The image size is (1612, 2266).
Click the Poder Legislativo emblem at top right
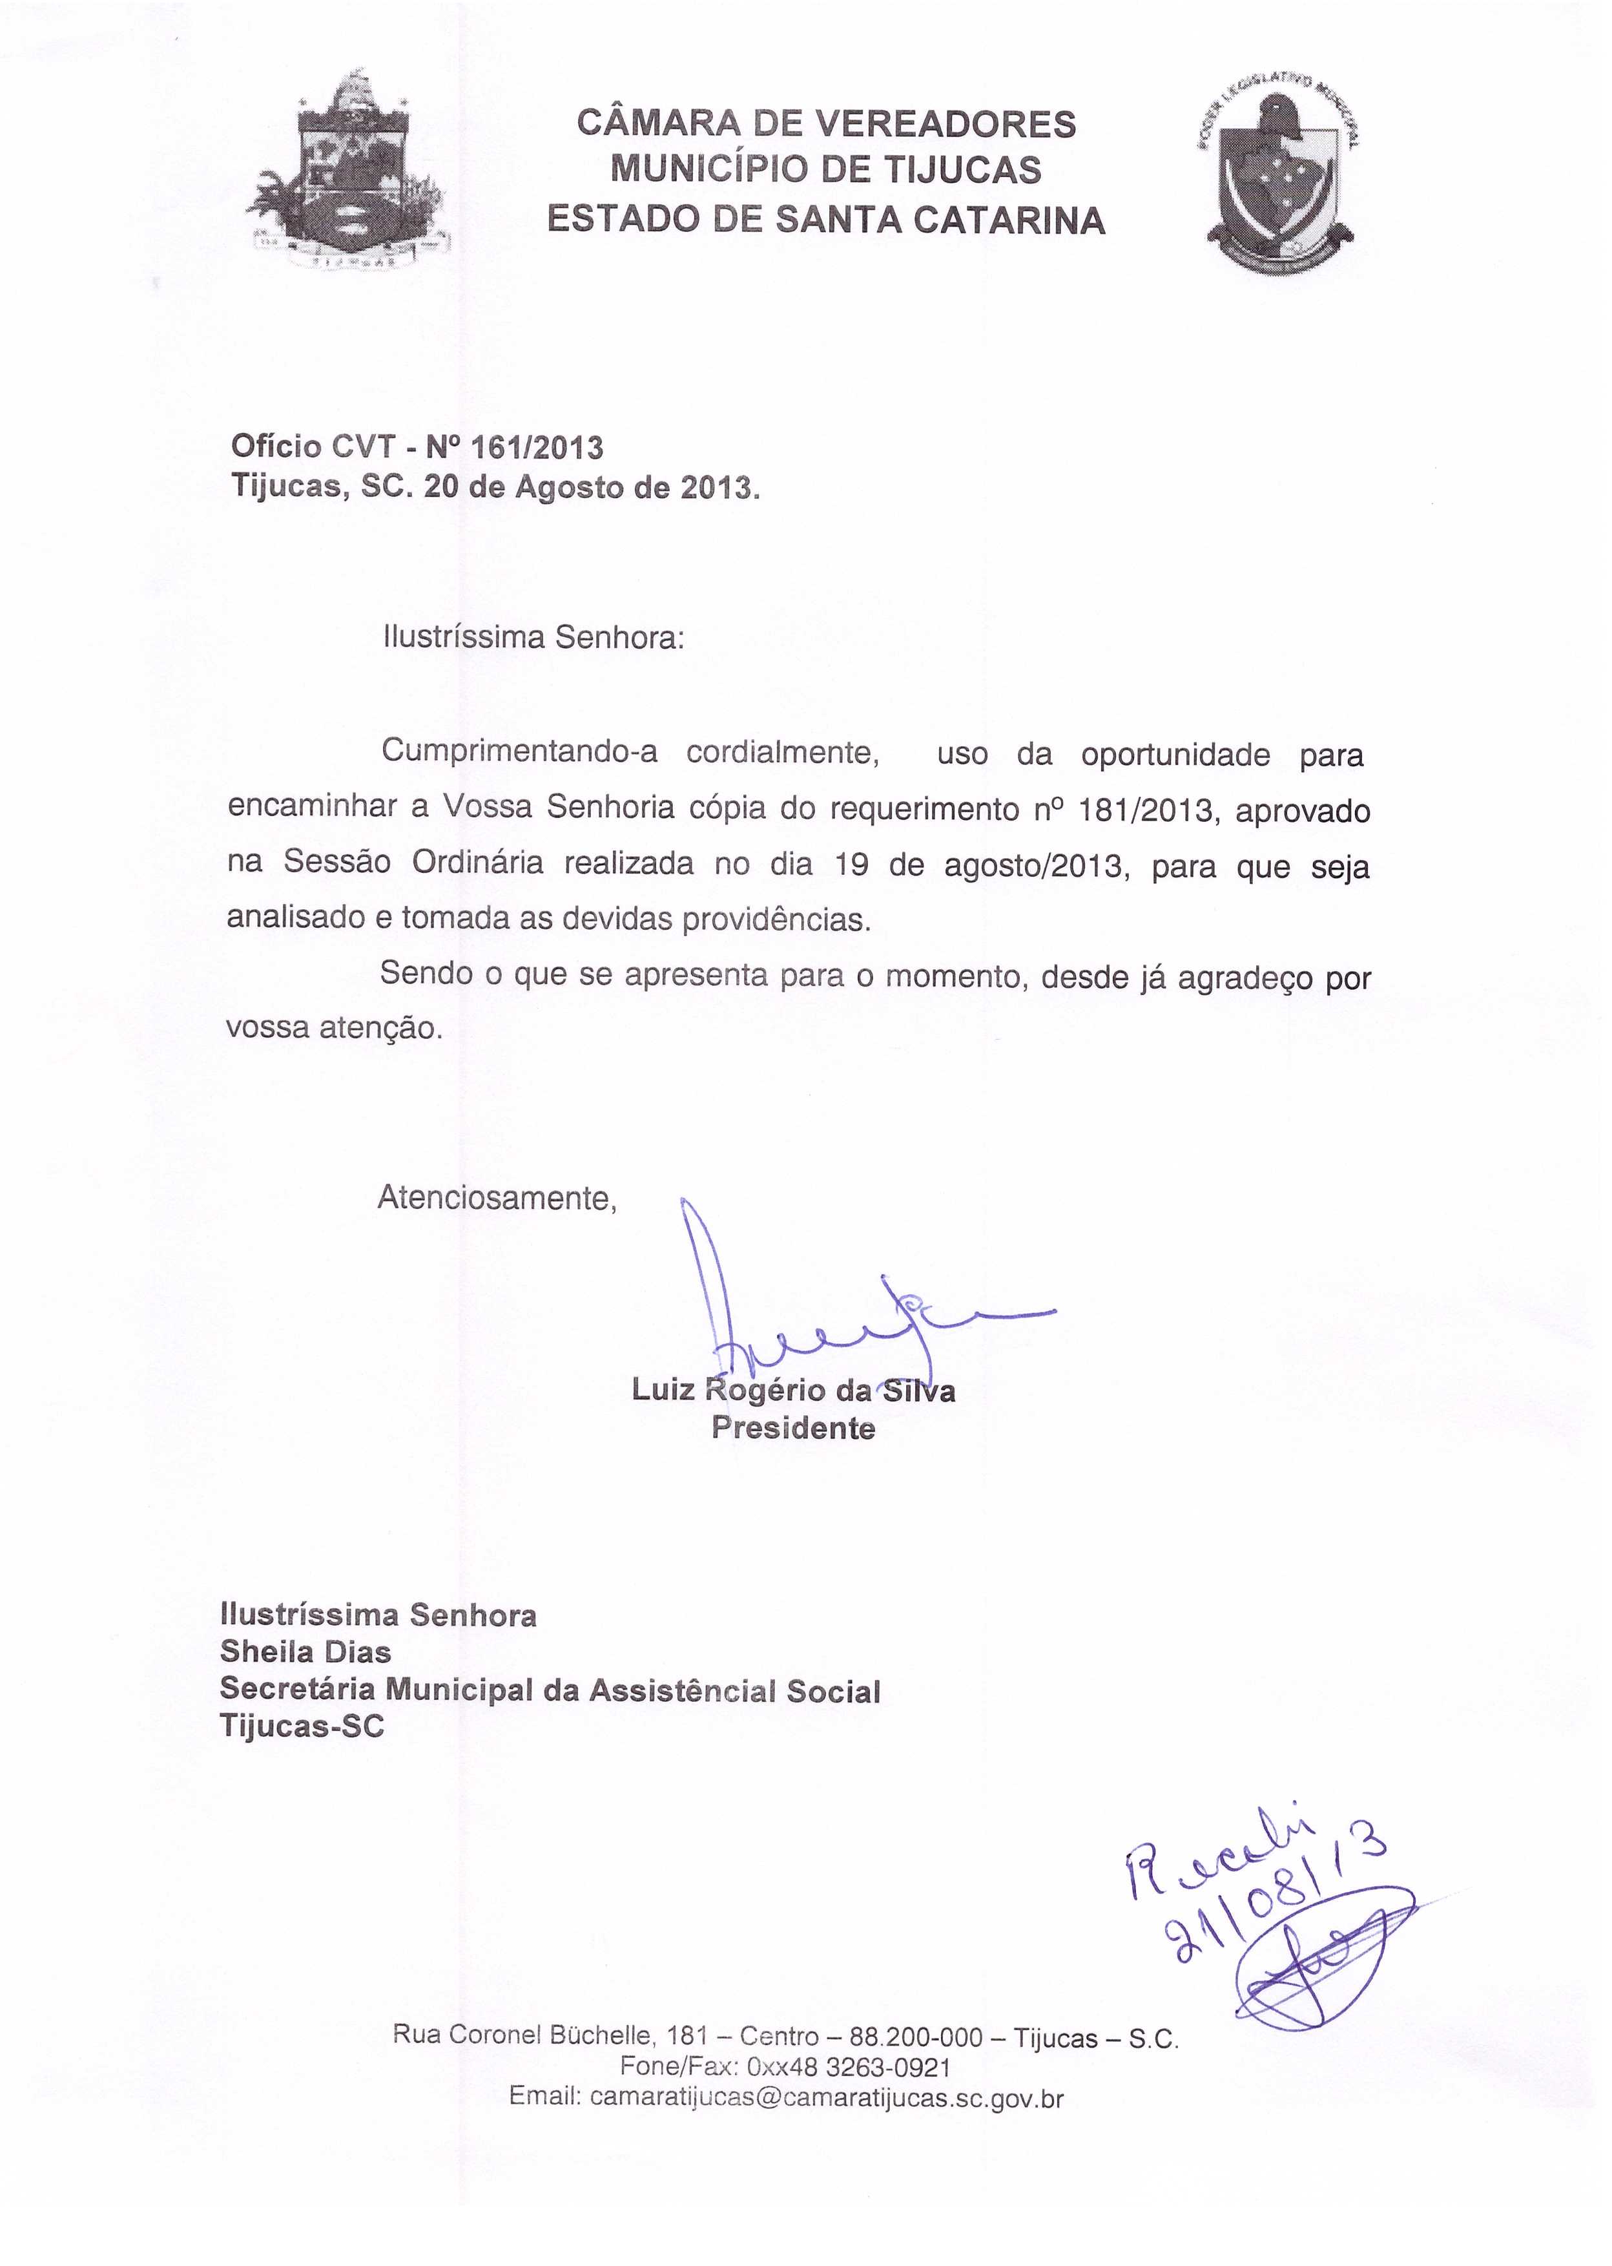tap(1281, 176)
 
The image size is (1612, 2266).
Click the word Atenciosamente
tap(496, 1199)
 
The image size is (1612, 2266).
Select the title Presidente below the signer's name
tap(793, 1429)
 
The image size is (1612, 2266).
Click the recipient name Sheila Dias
tap(305, 1652)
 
